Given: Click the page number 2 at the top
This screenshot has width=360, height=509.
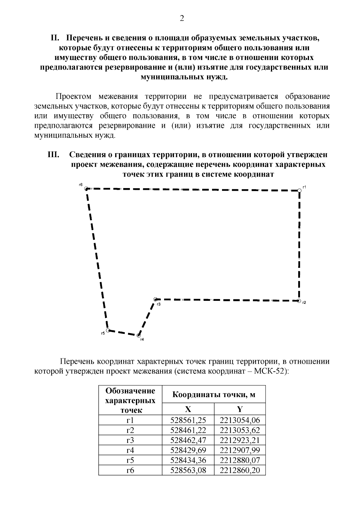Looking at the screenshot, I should pyautogui.click(x=182, y=19).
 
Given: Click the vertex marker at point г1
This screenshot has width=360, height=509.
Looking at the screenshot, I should pyautogui.click(x=299, y=190).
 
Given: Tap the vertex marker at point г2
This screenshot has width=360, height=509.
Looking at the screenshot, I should pyautogui.click(x=299, y=301).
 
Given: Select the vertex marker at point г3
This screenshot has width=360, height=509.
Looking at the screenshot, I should pyautogui.click(x=155, y=299).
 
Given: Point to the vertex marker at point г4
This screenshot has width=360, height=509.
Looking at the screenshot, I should pyautogui.click(x=138, y=335).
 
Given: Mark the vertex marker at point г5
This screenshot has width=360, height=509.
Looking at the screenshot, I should pyautogui.click(x=108, y=330).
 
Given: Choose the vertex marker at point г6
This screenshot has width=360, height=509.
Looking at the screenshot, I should pyautogui.click(x=86, y=188).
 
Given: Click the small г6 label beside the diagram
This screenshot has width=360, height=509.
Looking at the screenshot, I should pyautogui.click(x=80, y=185).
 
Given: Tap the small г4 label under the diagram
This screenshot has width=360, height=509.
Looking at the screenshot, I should pyautogui.click(x=142, y=340).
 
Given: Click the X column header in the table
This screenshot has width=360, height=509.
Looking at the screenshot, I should pyautogui.click(x=188, y=409).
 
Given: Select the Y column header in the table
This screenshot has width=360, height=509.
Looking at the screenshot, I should pyautogui.click(x=240, y=409).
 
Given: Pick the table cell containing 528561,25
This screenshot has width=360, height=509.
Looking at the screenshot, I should pyautogui.click(x=188, y=420).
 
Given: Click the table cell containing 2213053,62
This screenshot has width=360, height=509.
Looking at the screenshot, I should pyautogui.click(x=240, y=430).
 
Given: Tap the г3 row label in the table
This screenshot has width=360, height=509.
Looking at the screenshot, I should pyautogui.click(x=130, y=440).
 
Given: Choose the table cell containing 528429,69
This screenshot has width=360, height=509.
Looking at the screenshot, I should pyautogui.click(x=188, y=450).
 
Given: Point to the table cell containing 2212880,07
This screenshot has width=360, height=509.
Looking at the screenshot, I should pyautogui.click(x=240, y=460).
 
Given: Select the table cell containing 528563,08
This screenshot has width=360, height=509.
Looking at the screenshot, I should pyautogui.click(x=188, y=470).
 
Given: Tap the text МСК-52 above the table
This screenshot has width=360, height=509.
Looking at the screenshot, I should pyautogui.click(x=269, y=371).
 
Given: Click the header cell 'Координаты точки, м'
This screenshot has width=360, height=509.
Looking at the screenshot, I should pyautogui.click(x=214, y=394).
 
